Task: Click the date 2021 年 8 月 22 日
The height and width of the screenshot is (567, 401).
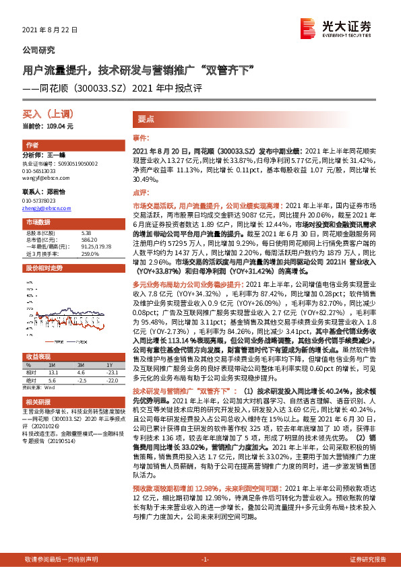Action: click(51, 30)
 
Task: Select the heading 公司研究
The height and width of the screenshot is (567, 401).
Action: click(39, 50)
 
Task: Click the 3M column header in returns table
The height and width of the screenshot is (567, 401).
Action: click(81, 365)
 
